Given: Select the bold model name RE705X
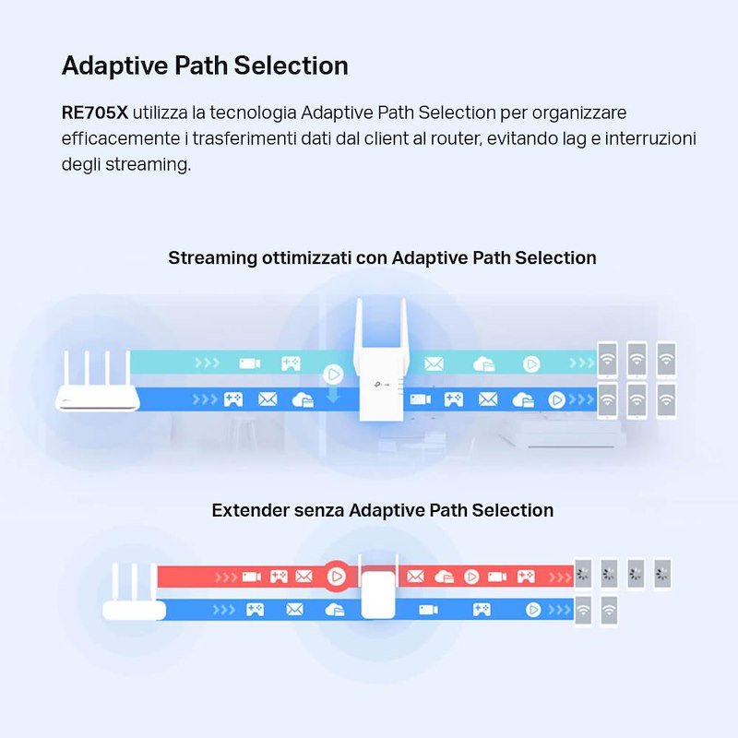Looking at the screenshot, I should point(94,113).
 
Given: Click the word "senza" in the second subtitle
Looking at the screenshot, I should point(319,510).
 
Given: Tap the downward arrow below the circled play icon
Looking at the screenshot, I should point(332,396).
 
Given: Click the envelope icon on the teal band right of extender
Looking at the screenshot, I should point(434,363).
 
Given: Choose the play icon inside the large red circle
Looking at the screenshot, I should point(336,577).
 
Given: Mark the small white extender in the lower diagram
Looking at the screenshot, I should point(375,591).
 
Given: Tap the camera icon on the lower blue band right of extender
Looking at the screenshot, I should point(428,610).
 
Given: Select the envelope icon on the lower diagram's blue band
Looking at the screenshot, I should point(295,610).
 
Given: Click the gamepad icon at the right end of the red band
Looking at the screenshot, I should point(525,577).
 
